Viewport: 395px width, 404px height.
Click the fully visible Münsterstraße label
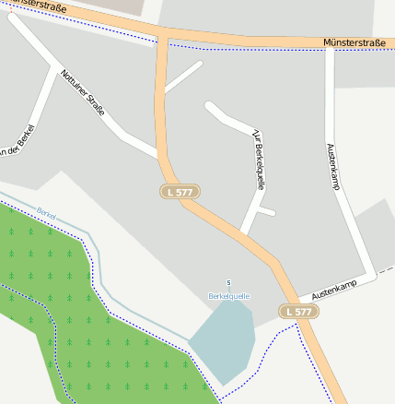pos(354,42)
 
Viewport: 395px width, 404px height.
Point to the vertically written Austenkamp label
pos(332,167)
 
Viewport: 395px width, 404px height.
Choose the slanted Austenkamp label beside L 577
pos(333,288)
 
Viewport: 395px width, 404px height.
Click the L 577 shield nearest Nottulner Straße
pos(180,192)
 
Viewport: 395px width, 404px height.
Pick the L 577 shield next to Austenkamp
pos(299,312)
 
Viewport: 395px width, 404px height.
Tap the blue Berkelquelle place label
pos(229,296)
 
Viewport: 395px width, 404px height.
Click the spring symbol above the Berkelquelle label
pos(229,282)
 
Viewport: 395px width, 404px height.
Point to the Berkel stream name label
pos(46,213)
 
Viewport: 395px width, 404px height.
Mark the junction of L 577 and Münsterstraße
pos(163,36)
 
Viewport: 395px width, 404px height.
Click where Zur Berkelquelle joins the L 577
pos(244,232)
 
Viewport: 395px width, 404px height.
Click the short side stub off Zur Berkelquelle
pos(267,212)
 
